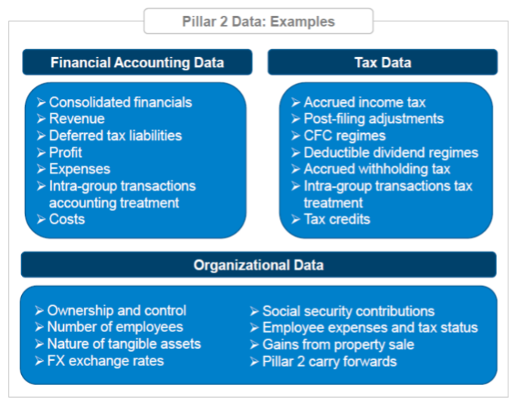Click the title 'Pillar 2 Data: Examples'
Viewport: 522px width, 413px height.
pyautogui.click(x=258, y=22)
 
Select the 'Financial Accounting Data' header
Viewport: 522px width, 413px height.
pyautogui.click(x=137, y=62)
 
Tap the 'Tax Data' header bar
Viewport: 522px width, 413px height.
pyautogui.click(x=383, y=62)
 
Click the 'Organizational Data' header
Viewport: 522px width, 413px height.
pyautogui.click(x=259, y=265)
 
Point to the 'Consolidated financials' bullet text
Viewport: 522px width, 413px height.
pyautogui.click(x=120, y=102)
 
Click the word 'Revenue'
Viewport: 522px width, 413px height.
pyautogui.click(x=77, y=119)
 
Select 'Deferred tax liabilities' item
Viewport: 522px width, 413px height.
pyautogui.click(x=116, y=135)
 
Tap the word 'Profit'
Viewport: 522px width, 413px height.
pyautogui.click(x=66, y=153)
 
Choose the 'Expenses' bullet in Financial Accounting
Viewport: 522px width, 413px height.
pyautogui.click(x=79, y=169)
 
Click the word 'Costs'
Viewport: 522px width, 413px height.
pyautogui.click(x=67, y=219)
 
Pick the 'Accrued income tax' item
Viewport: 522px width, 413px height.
pyautogui.click(x=365, y=102)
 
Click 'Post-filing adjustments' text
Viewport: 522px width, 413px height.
pyautogui.click(x=374, y=119)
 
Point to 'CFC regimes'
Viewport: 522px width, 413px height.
pyautogui.click(x=344, y=136)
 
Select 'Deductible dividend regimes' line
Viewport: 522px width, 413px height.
pyautogui.click(x=391, y=153)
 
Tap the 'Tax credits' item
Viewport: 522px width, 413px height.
pyautogui.click(x=337, y=219)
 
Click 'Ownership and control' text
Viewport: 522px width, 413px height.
pyautogui.click(x=117, y=310)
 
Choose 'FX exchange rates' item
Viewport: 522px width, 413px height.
pyautogui.click(x=105, y=361)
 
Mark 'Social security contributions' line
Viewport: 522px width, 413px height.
pyautogui.click(x=349, y=311)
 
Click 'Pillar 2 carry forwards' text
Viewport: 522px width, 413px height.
pyautogui.click(x=330, y=362)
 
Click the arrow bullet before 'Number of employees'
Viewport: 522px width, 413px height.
pyautogui.click(x=39, y=327)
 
